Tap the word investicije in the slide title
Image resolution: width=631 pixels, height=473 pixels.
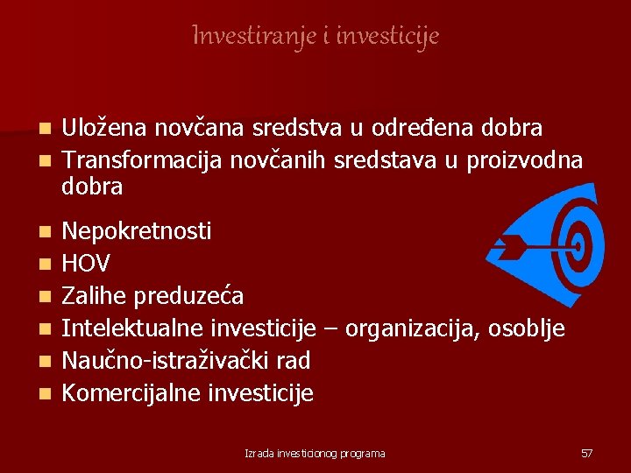point(387,36)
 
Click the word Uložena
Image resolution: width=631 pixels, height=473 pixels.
point(105,128)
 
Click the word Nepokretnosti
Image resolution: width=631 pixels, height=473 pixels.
point(137,231)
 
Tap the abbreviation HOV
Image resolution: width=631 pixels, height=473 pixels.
point(87,264)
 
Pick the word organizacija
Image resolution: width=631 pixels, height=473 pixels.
point(415,328)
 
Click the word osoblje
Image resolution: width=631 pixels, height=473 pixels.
point(530,328)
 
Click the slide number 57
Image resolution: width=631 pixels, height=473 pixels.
point(586,453)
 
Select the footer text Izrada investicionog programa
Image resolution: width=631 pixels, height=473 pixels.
point(315,453)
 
